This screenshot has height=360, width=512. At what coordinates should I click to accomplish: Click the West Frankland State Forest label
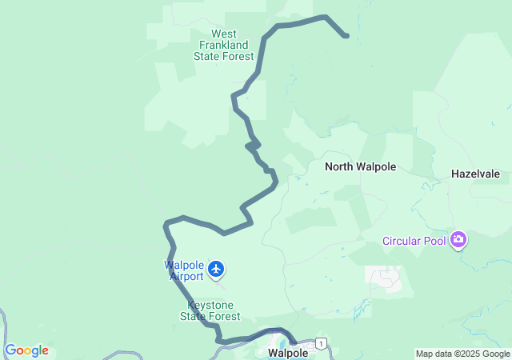coord(223,45)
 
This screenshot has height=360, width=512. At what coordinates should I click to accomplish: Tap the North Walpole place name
coord(360,167)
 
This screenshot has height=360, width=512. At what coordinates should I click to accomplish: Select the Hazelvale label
coord(475,173)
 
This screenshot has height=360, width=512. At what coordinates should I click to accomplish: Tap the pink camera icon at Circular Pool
coord(458,239)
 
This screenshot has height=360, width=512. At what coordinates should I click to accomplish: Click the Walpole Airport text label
coord(185,270)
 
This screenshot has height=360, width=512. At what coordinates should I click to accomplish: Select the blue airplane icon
coord(216,269)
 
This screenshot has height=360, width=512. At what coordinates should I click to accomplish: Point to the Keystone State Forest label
coord(210,310)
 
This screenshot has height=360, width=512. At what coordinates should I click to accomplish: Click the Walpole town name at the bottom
coord(288,352)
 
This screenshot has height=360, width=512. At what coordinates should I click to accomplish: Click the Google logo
coord(26,350)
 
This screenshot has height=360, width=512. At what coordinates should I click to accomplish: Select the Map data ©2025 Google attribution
coord(462,354)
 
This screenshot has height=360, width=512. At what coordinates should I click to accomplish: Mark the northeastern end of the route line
coord(346,35)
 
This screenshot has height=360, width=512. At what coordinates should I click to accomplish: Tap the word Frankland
coord(223,45)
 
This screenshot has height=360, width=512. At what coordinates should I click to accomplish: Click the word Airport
coord(187,276)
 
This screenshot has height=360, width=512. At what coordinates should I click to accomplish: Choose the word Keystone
coord(210,305)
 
